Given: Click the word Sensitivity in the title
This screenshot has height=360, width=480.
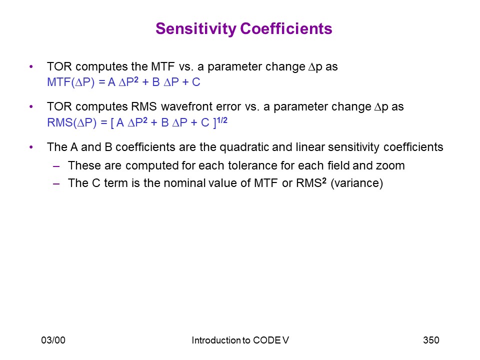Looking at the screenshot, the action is tap(196, 29).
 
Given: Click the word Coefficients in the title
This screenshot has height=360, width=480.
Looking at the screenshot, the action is tap(286, 28).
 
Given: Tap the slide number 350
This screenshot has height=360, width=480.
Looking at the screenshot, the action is tap(431, 340).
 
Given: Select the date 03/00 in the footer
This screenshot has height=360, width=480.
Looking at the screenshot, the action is tap(53, 340).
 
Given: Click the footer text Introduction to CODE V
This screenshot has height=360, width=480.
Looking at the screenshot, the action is tap(240, 340).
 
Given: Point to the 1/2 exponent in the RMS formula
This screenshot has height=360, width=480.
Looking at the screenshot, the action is tap(222, 120).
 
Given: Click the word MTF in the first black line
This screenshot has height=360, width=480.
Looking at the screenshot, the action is tap(163, 66).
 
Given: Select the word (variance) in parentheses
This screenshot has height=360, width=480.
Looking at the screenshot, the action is tap(356, 183).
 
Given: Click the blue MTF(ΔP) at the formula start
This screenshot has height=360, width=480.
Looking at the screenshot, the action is tap(70, 82).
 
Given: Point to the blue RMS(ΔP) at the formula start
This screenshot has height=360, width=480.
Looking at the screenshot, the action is tap(71, 122).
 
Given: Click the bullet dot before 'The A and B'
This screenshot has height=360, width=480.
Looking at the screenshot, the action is tap(31, 147).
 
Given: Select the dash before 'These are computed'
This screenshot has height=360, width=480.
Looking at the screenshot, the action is tap(56, 166).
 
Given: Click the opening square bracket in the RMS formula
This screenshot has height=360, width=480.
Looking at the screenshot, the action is tap(112, 123).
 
